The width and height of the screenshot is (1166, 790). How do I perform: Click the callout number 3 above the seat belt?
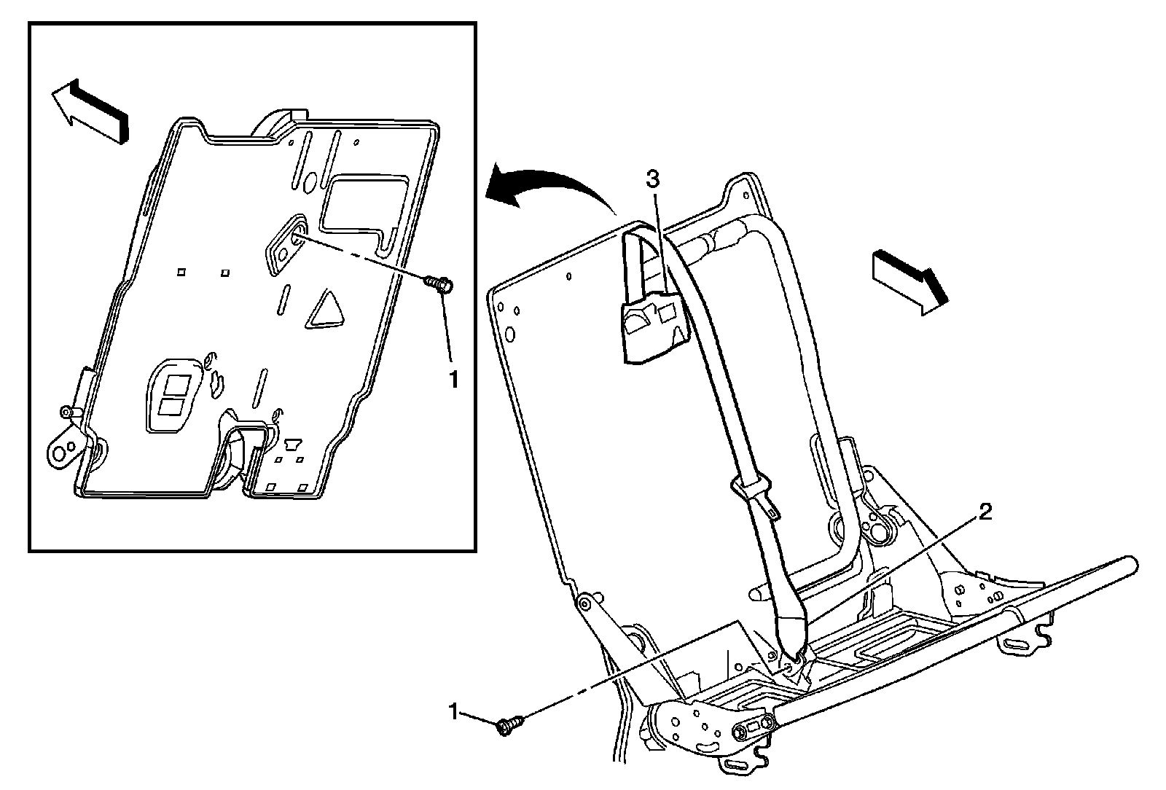coord(653,179)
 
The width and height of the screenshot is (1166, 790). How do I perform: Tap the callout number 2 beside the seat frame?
coord(985,512)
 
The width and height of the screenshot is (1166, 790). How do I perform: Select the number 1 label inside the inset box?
coord(454,380)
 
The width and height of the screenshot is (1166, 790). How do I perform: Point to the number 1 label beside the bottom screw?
coord(454,712)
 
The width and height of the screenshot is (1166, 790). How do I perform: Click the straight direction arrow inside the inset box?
coord(90,112)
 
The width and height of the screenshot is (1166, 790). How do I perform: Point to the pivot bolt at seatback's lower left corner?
coord(584,604)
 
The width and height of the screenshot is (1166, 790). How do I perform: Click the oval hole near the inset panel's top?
coord(309,182)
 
